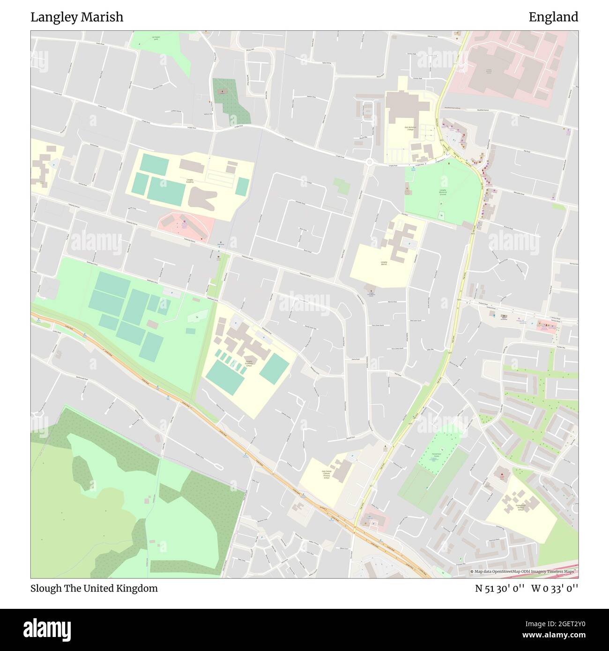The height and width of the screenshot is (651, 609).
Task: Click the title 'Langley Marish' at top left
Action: [x=77, y=17]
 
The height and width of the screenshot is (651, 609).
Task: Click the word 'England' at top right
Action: [x=553, y=17]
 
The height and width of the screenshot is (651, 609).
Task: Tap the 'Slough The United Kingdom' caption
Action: [x=94, y=588]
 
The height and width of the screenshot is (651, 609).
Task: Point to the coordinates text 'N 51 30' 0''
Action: [x=501, y=588]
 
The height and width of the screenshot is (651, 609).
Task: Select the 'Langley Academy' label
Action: [x=190, y=180]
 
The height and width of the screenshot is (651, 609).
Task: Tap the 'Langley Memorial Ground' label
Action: [x=443, y=192]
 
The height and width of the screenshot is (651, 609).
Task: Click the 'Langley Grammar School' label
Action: [x=249, y=363]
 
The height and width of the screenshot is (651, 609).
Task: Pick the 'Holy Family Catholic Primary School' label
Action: [x=327, y=474]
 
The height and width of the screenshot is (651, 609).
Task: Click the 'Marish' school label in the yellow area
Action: [x=384, y=263]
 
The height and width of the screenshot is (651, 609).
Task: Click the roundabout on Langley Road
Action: [x=369, y=162]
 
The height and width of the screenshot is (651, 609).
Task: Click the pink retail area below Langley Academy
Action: [x=185, y=226]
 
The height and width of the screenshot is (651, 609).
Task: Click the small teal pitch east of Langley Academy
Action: [x=242, y=186]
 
